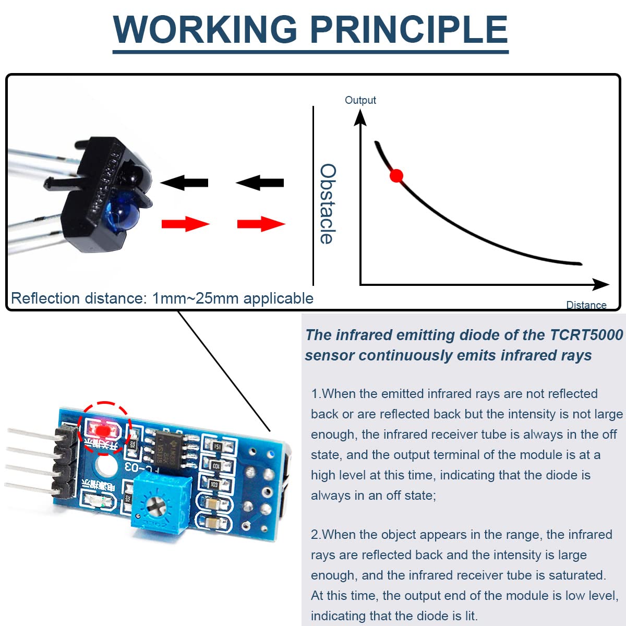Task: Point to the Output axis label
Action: click(360, 100)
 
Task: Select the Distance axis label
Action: click(586, 305)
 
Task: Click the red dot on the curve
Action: click(396, 176)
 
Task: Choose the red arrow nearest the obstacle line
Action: click(261, 224)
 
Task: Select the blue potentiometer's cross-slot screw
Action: click(155, 503)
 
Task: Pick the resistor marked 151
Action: click(216, 447)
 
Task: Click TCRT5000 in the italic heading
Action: click(587, 335)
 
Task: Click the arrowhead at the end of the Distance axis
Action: click(602, 284)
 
